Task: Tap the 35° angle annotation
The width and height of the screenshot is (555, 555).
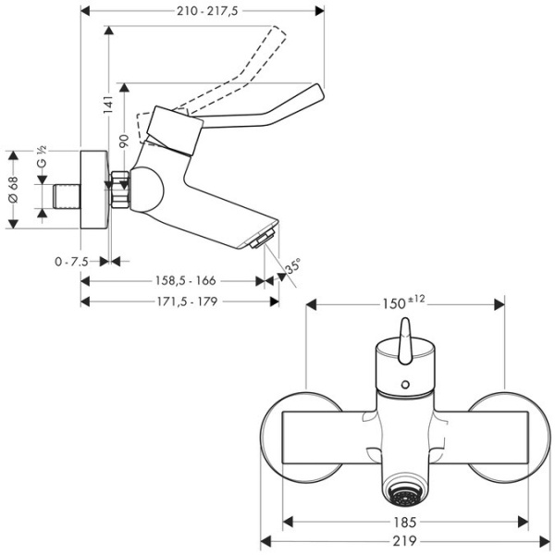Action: coord(292,266)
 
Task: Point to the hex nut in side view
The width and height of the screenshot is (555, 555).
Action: coord(118,190)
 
